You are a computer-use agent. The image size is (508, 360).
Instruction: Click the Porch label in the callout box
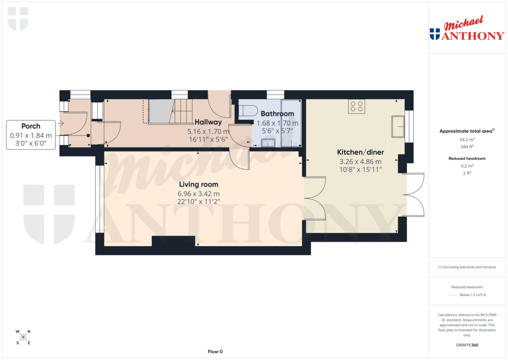[x=31, y=126]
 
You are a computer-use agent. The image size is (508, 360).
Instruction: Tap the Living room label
[x=198, y=185]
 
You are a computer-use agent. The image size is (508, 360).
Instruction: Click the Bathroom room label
[x=277, y=114]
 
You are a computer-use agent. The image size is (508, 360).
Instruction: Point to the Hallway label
[x=208, y=122]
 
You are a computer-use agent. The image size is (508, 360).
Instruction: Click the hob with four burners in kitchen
[x=356, y=106]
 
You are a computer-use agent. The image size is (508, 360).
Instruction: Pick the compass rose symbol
[x=24, y=337]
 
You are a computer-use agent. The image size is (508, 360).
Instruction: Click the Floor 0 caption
[x=215, y=352]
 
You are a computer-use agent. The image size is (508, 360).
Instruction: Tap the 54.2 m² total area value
[x=466, y=140]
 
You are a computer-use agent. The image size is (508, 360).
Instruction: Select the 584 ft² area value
[x=466, y=146]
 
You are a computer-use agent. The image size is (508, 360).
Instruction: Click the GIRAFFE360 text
[x=466, y=345]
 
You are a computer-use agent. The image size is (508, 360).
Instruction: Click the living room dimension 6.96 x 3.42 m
[x=198, y=194]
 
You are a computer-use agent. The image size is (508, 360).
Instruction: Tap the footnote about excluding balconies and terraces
[x=466, y=267]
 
